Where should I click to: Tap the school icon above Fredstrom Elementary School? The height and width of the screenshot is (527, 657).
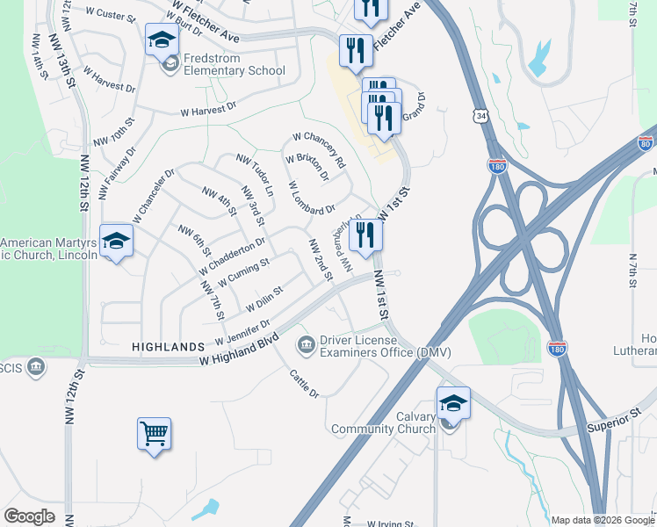pos(162,40)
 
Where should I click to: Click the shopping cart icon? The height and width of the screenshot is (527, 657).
pos(154,434)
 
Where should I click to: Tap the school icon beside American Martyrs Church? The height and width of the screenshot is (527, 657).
pos(116,242)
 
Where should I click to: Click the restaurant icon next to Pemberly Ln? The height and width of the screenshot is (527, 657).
pos(365,235)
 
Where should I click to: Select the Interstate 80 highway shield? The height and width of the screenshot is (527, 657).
pos(646,144)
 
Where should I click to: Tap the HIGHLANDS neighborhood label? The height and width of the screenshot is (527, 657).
pos(168,348)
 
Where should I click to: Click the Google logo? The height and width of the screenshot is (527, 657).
pos(29,516)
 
